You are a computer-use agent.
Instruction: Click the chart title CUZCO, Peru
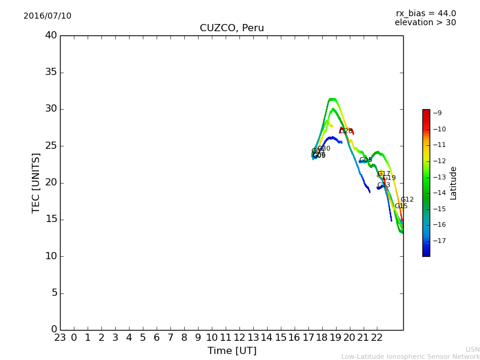pyautogui.click(x=232, y=28)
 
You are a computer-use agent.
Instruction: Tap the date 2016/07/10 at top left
pyautogui.click(x=47, y=16)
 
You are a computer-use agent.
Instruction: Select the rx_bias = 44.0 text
pyautogui.click(x=425, y=13)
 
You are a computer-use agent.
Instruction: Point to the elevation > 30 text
pyautogui.click(x=425, y=23)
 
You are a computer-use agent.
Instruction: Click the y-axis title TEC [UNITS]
pyautogui.click(x=37, y=183)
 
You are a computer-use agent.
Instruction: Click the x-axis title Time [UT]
pyautogui.click(x=232, y=351)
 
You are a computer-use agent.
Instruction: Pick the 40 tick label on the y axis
pyautogui.click(x=50, y=35)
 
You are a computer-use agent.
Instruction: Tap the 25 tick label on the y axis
pyautogui.click(x=50, y=146)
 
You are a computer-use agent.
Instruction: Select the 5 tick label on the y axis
pyautogui.click(x=53, y=293)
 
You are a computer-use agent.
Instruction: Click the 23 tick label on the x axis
pyautogui.click(x=60, y=338)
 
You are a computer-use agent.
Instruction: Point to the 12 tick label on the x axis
pyautogui.click(x=239, y=338)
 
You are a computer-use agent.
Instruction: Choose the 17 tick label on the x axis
pyautogui.click(x=308, y=338)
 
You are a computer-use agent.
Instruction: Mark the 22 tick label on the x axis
pyautogui.click(x=377, y=338)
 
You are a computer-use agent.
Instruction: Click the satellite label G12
pyautogui.click(x=407, y=200)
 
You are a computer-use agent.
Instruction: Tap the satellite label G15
pyautogui.click(x=401, y=206)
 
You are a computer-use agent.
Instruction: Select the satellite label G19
pyautogui.click(x=389, y=178)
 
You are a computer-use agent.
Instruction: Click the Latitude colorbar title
pyautogui.click(x=454, y=183)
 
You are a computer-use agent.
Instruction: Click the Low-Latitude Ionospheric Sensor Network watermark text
pyautogui.click(x=410, y=356)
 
